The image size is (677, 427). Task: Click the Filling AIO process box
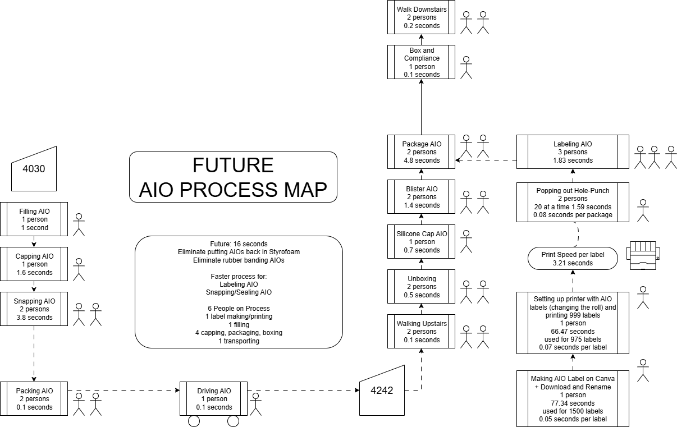(x=34, y=219)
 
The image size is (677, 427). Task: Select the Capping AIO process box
(x=34, y=264)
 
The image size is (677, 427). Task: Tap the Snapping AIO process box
(x=34, y=309)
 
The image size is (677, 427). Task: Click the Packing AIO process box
(x=34, y=399)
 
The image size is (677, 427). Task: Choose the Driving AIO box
(x=214, y=399)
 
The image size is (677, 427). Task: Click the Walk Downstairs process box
(x=422, y=17)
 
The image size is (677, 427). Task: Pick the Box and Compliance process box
(x=422, y=62)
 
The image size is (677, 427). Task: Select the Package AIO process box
(x=422, y=152)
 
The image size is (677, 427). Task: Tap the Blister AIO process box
(x=422, y=197)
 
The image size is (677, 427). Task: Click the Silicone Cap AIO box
(x=422, y=242)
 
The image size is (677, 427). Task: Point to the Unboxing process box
(x=422, y=287)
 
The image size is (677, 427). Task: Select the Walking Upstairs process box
(x=422, y=332)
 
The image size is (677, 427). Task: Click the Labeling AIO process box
(x=573, y=152)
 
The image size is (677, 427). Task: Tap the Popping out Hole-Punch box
(x=573, y=203)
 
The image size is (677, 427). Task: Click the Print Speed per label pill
(x=573, y=259)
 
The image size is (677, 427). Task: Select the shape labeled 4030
(x=35, y=169)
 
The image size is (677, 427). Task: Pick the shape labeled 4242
(x=382, y=391)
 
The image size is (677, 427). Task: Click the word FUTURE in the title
(x=233, y=166)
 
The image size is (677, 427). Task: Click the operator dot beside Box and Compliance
(x=466, y=59)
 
